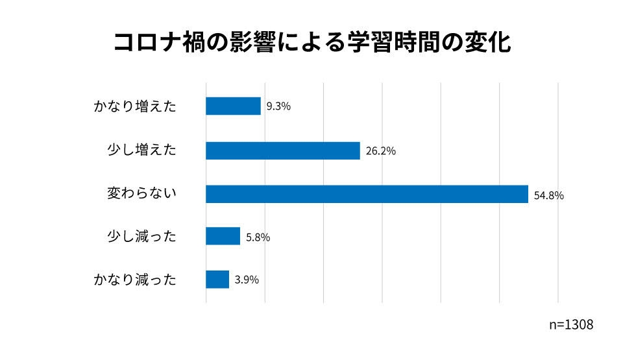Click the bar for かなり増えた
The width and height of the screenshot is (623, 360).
pyautogui.click(x=233, y=106)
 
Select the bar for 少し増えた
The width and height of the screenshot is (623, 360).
pyautogui.click(x=282, y=150)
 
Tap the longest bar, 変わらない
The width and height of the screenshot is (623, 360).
pyautogui.click(x=367, y=194)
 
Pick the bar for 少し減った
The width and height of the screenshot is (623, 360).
pyautogui.click(x=223, y=236)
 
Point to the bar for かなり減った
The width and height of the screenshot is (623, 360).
pyautogui.click(x=217, y=280)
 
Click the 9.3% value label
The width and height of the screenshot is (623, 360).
pyautogui.click(x=278, y=106)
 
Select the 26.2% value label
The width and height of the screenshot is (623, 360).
pyautogui.click(x=380, y=151)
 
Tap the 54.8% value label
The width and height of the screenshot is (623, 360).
pyautogui.click(x=548, y=195)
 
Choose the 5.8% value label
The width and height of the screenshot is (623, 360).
pyautogui.click(x=258, y=237)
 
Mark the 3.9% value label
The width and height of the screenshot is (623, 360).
pyautogui.click(x=247, y=280)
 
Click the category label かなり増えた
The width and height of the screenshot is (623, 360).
pyautogui.click(x=135, y=107)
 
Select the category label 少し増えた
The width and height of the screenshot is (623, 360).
pyautogui.click(x=141, y=150)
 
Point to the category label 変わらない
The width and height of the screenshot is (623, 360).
pyautogui.click(x=141, y=194)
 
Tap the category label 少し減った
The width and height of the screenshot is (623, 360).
pyautogui.click(x=141, y=237)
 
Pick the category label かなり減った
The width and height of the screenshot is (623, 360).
pyautogui.click(x=135, y=280)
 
